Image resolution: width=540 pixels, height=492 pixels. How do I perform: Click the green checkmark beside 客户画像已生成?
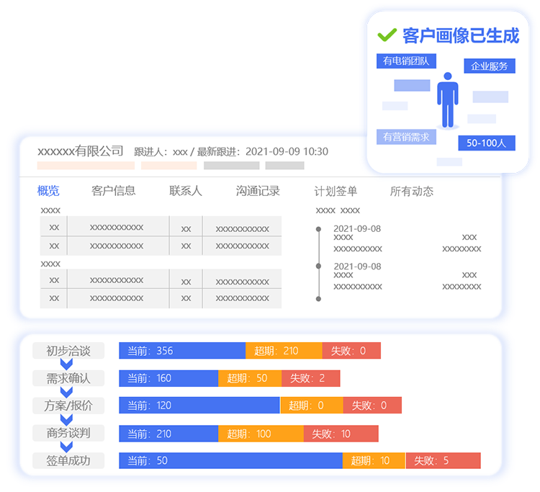coord(387,35)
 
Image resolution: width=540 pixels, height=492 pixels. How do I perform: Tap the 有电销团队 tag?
coord(406,61)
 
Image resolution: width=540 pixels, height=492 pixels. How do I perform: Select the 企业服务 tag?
coord(490,66)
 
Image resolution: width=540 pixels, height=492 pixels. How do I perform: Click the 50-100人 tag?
coord(487,143)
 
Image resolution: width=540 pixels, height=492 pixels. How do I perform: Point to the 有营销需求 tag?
coord(406,137)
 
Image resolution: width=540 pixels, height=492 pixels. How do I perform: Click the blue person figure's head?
coord(448,76)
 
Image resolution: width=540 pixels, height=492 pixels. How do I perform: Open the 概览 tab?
coord(48,190)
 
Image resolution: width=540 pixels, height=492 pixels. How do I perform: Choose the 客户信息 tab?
coord(113,190)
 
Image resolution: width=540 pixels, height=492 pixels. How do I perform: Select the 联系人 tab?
coord(185,190)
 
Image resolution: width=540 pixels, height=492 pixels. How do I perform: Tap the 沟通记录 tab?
coord(258,190)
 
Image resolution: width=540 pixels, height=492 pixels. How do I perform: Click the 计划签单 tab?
coord(336,191)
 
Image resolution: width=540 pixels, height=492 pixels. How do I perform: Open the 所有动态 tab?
coord(412,191)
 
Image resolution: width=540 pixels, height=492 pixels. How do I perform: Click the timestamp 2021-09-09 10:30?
coord(287,151)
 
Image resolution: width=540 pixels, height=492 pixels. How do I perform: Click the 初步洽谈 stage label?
coord(68,351)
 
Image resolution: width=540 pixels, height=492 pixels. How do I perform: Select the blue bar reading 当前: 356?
coord(182,351)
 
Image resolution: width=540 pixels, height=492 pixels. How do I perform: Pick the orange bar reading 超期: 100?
coord(261,434)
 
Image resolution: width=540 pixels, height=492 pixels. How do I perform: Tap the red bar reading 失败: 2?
coord(310,378)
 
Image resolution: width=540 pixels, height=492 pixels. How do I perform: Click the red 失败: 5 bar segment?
coord(444,460)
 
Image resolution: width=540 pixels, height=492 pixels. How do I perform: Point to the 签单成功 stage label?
coord(68,460)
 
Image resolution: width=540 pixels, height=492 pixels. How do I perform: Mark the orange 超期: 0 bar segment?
coord(312,406)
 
